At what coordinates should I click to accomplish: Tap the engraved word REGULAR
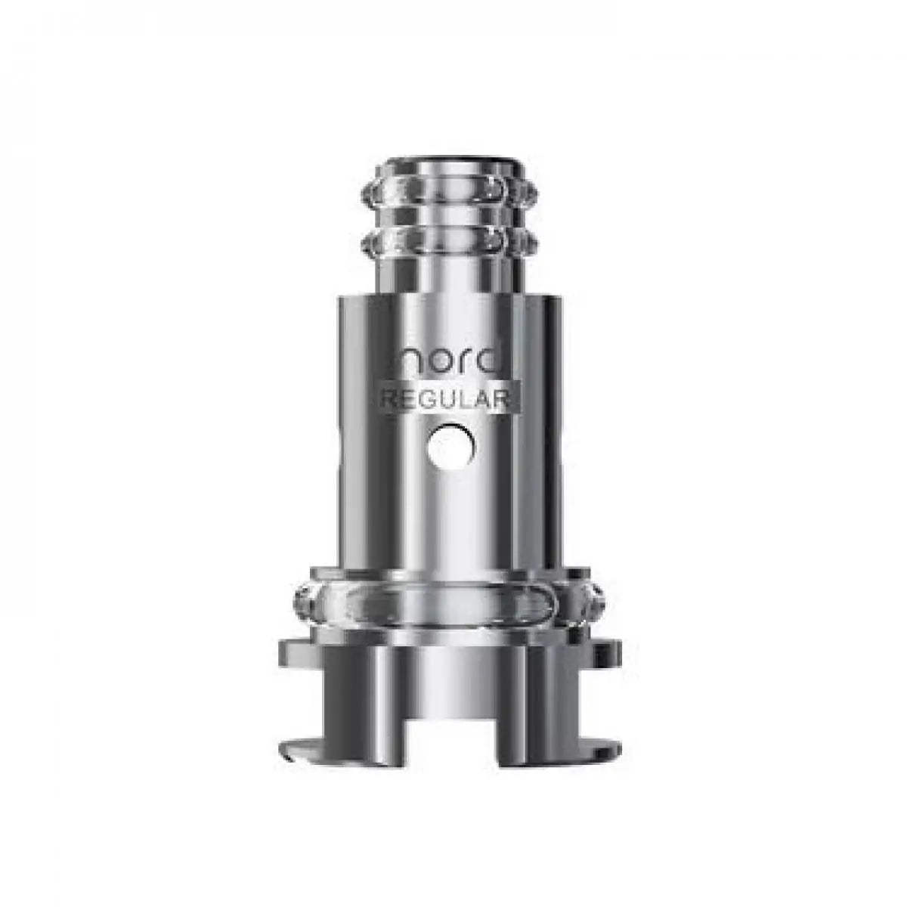[x=451, y=401]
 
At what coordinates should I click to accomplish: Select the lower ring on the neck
[x=453, y=242]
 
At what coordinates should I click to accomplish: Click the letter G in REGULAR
[x=426, y=401]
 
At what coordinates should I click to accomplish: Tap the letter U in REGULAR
[x=447, y=401]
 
